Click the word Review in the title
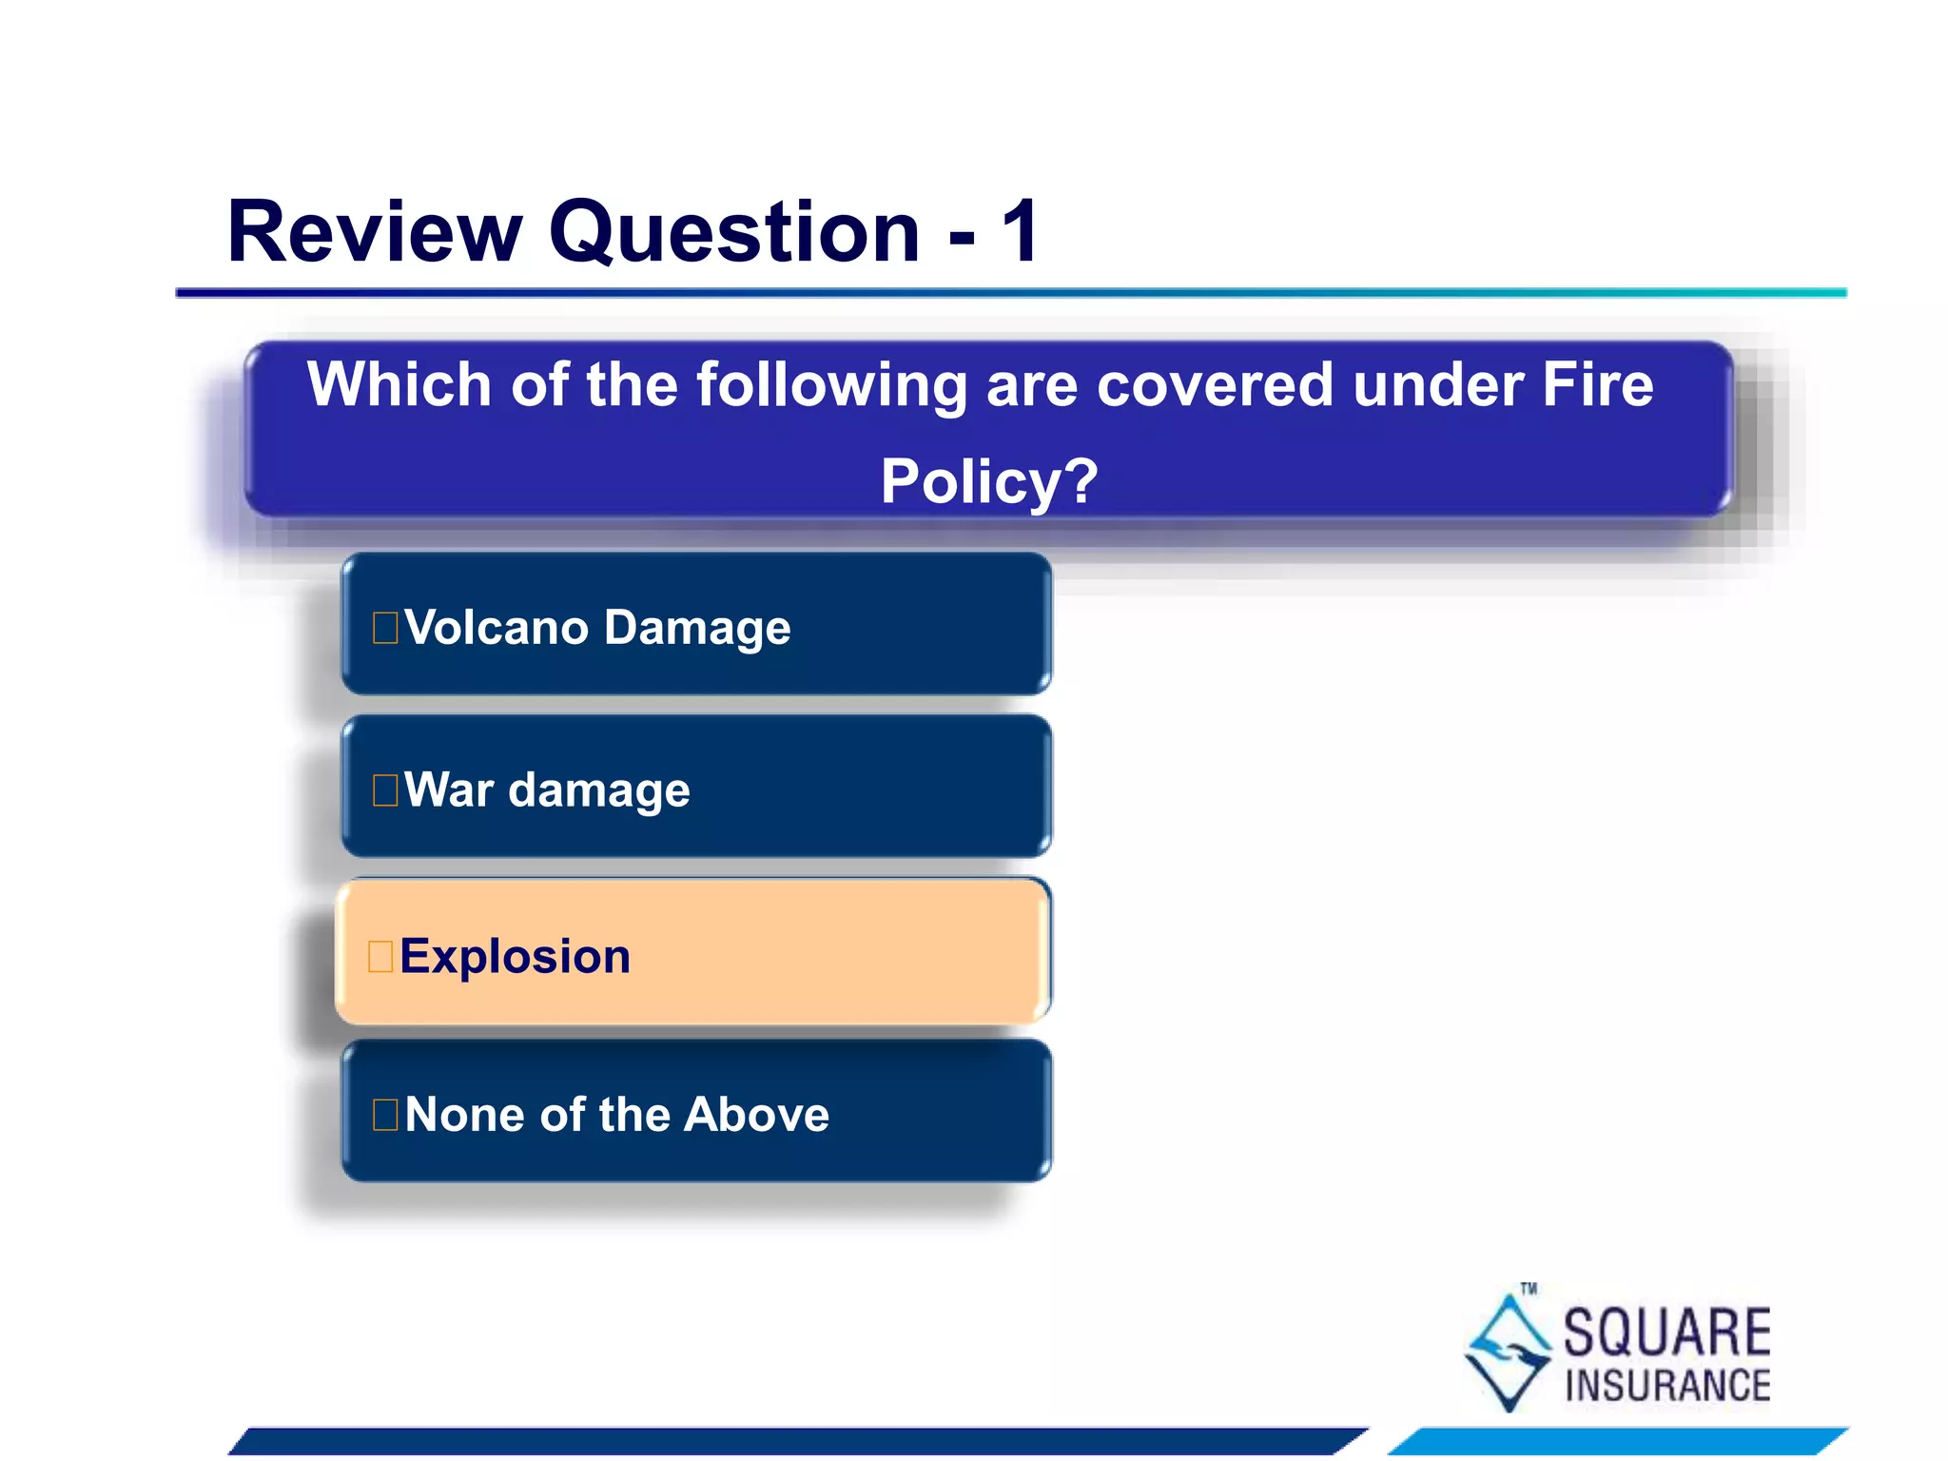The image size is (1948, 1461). tap(375, 232)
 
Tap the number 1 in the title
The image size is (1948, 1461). tap(1021, 232)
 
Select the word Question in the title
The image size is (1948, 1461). tap(734, 234)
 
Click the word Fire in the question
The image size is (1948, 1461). tap(1597, 385)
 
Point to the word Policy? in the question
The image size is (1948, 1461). tap(988, 481)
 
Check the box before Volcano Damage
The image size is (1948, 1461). tap(385, 629)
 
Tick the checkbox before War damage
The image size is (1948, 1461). tap(385, 790)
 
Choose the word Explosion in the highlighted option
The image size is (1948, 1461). tap(515, 956)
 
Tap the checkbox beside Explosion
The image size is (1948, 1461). tap(380, 957)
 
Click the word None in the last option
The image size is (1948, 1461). tap(463, 1114)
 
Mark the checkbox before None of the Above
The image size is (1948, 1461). tap(385, 1115)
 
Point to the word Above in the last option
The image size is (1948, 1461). tap(756, 1114)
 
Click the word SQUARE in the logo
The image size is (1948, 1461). tap(1666, 1333)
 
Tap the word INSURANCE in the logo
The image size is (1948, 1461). tap(1666, 1386)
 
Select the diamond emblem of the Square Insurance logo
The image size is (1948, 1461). tap(1508, 1352)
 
